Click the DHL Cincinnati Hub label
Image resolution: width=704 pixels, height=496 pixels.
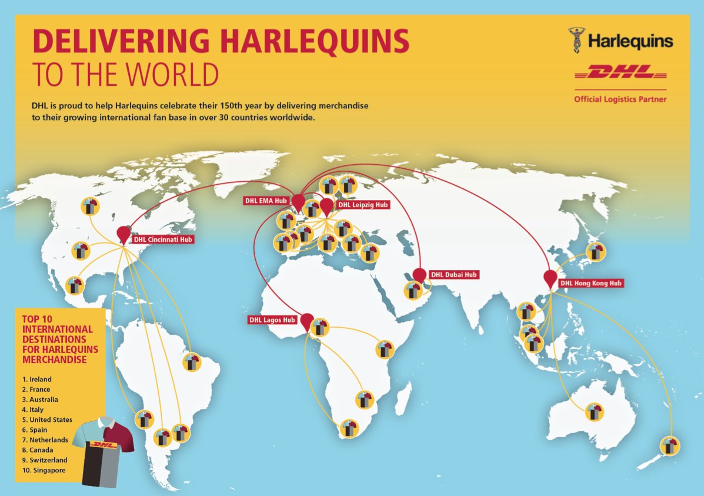click(x=162, y=239)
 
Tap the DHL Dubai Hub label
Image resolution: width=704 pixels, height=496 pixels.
click(x=453, y=275)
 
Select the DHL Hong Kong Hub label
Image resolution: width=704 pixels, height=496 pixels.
click(x=590, y=283)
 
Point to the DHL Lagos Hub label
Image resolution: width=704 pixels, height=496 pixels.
click(x=272, y=320)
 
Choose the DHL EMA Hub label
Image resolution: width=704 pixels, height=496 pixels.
click(x=265, y=201)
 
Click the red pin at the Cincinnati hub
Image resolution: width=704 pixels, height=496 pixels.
click(x=123, y=234)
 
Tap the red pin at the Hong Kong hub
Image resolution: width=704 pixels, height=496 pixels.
click(x=550, y=278)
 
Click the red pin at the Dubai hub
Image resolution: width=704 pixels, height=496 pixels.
click(x=419, y=275)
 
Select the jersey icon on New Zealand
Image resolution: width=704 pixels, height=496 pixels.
click(x=669, y=445)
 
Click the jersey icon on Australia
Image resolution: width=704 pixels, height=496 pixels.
click(x=594, y=411)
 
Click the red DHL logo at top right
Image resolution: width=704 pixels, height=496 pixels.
click(x=620, y=72)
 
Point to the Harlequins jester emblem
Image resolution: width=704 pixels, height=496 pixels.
click(x=576, y=40)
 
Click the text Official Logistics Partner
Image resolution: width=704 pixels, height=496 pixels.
click(x=620, y=99)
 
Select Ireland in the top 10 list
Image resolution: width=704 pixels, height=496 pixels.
click(x=37, y=380)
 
